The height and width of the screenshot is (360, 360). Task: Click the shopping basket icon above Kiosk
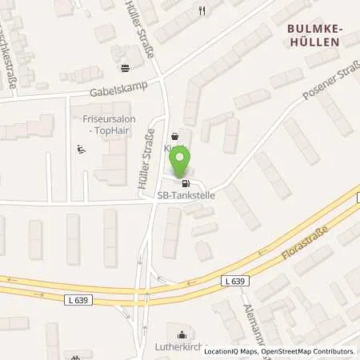[x=175, y=136]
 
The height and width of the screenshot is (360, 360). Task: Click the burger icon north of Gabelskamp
[x=124, y=68]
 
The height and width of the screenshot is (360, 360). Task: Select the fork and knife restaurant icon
[x=202, y=10]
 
